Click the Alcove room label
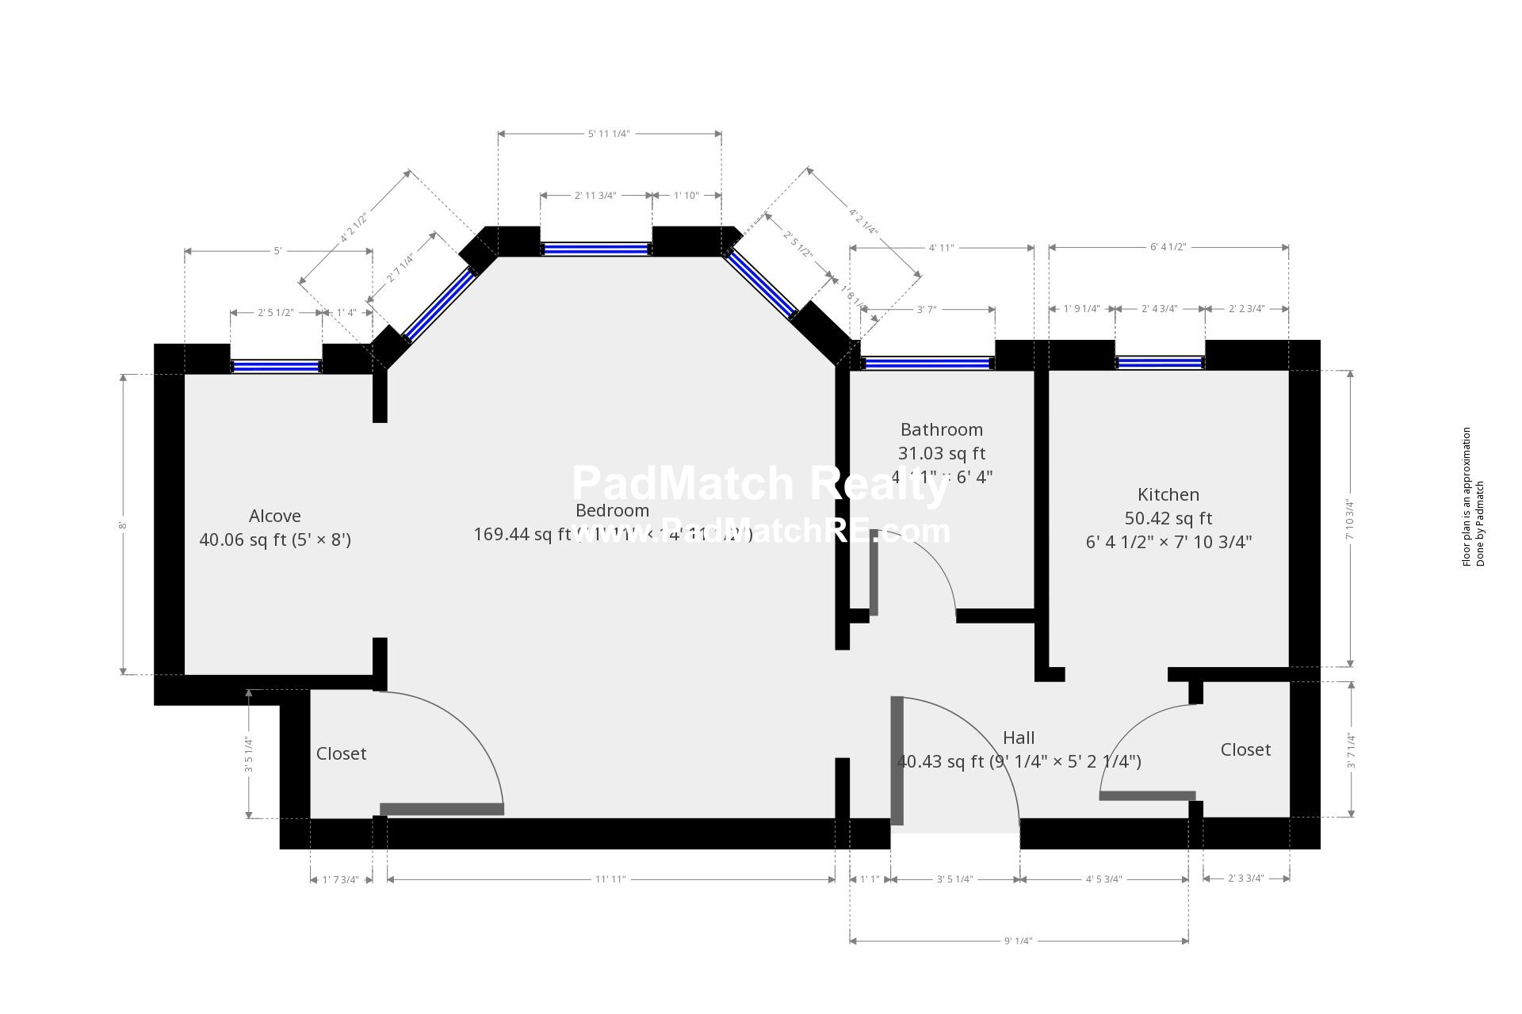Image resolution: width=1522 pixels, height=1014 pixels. coord(274,516)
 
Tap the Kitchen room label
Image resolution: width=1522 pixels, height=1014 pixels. coord(1168,494)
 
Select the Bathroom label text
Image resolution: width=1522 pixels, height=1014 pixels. coord(941,429)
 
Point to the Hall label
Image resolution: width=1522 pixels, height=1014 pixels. coord(1019,738)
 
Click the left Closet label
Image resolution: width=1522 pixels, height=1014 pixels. coord(341,753)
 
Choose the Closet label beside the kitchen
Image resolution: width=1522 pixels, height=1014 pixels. coord(1245,749)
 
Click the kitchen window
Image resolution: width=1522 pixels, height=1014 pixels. coord(1160,363)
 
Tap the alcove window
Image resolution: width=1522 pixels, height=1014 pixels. coord(276,366)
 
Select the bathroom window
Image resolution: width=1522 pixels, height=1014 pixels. coord(927,363)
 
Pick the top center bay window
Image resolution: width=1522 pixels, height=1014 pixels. coord(595,249)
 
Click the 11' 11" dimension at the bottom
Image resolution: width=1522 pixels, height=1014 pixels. coord(610,879)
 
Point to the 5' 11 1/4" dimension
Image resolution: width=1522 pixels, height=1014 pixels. coord(609,134)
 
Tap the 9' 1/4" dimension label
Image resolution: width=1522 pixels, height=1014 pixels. coord(1018,941)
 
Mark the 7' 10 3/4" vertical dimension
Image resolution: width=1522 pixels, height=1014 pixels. coord(1350,519)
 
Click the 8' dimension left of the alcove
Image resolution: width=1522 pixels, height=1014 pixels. coord(123,525)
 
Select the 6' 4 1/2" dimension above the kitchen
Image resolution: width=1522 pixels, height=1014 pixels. coord(1168,247)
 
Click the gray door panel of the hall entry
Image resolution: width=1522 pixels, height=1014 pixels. coord(897,760)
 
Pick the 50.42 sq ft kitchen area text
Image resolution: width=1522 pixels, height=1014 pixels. coord(1168,518)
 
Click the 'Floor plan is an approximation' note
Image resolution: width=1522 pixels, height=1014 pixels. coord(1467,497)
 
